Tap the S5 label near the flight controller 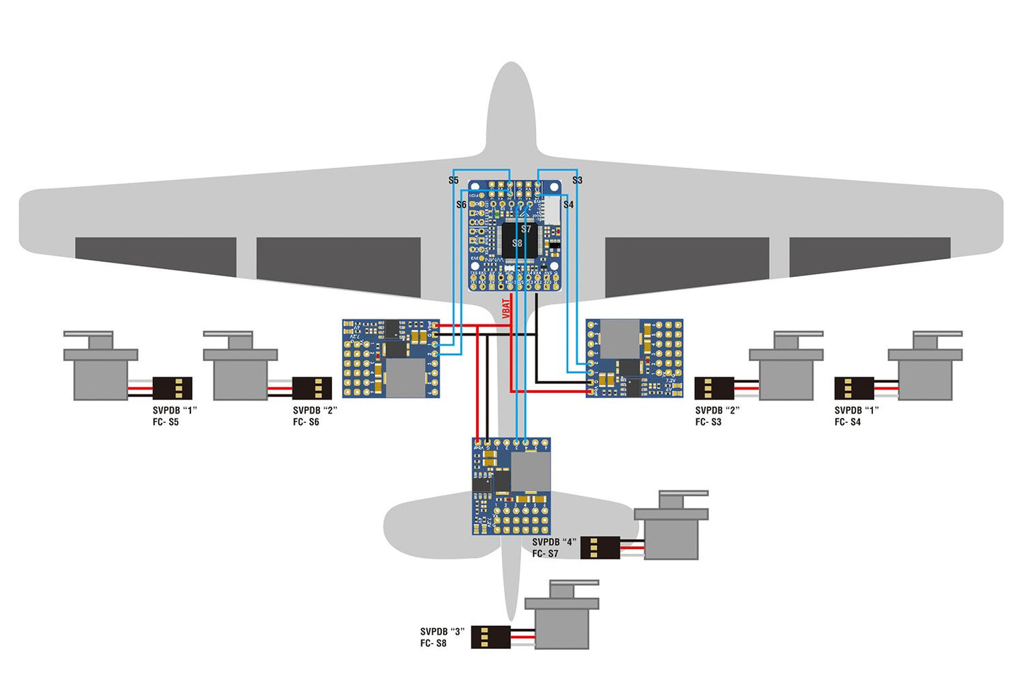[x=454, y=181]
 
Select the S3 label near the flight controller [x=577, y=181]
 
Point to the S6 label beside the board [x=462, y=205]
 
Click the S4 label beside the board [x=568, y=205]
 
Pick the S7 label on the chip [x=526, y=229]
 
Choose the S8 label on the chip [x=518, y=243]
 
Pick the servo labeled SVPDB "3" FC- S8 [x=562, y=616]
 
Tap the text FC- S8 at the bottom [x=433, y=644]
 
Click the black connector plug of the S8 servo [x=491, y=637]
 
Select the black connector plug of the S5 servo [x=173, y=388]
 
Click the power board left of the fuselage [x=391, y=358]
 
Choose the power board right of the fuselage [x=634, y=358]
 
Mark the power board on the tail [x=511, y=487]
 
